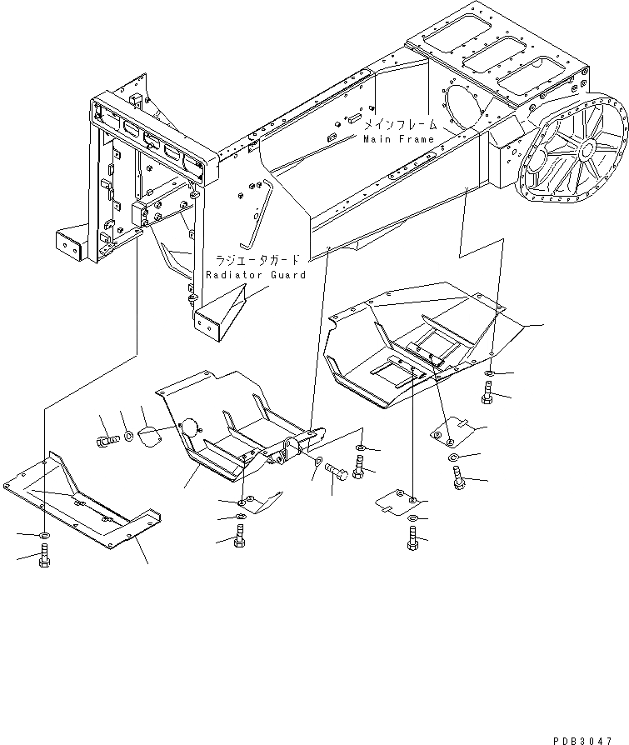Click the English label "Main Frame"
(398, 139)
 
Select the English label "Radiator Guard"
(256, 274)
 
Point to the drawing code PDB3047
(589, 737)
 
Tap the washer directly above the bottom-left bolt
(43, 533)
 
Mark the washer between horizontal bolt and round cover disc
(128, 437)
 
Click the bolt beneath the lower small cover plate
(413, 539)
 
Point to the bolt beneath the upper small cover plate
(457, 477)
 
